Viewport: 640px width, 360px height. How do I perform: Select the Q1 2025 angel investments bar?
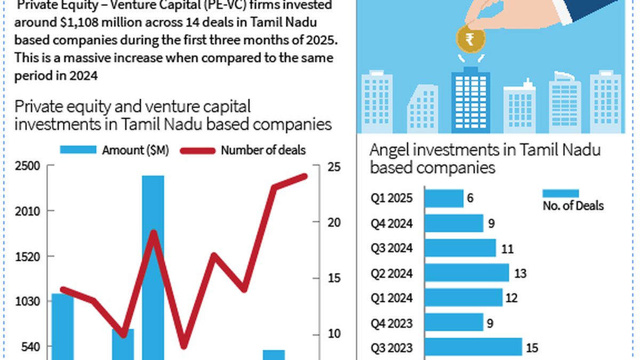(444, 198)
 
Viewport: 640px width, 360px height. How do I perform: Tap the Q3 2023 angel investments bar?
(473, 347)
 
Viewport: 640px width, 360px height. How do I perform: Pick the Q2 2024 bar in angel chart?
(467, 273)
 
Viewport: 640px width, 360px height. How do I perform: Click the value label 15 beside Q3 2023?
(532, 348)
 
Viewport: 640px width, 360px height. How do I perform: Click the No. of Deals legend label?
(573, 205)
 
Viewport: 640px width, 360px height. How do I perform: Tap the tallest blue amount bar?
(153, 267)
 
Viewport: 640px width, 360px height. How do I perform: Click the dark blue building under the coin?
(470, 101)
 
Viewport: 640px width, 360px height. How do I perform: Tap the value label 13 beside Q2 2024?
(521, 274)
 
